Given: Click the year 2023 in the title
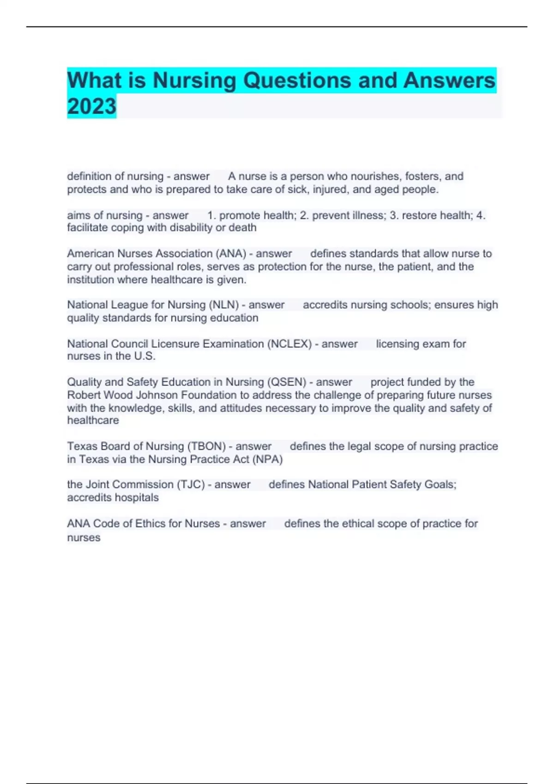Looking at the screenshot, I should pyautogui.click(x=91, y=106).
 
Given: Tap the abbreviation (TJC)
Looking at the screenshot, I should pyautogui.click(x=189, y=484).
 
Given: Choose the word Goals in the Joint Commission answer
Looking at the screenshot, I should pyautogui.click(x=439, y=484).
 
